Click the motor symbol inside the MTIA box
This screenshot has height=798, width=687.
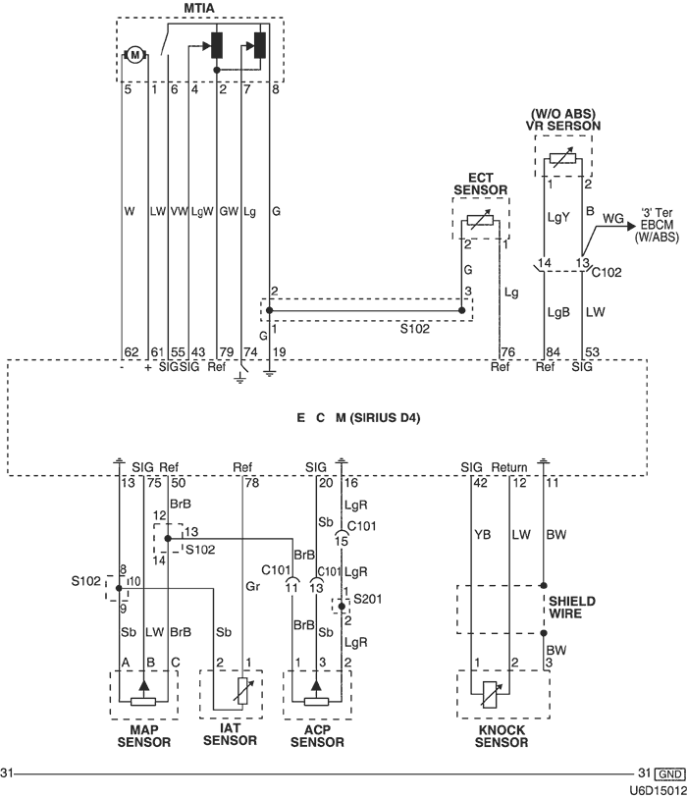pyautogui.click(x=133, y=54)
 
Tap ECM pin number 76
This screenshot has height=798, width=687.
pyautogui.click(x=507, y=351)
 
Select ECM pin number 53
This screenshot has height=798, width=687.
pyautogui.click(x=589, y=351)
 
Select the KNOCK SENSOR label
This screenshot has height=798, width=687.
pyautogui.click(x=502, y=736)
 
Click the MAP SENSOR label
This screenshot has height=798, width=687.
pyautogui.click(x=144, y=736)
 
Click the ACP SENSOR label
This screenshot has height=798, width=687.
pyautogui.click(x=319, y=736)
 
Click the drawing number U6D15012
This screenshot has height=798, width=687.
pyautogui.click(x=658, y=788)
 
